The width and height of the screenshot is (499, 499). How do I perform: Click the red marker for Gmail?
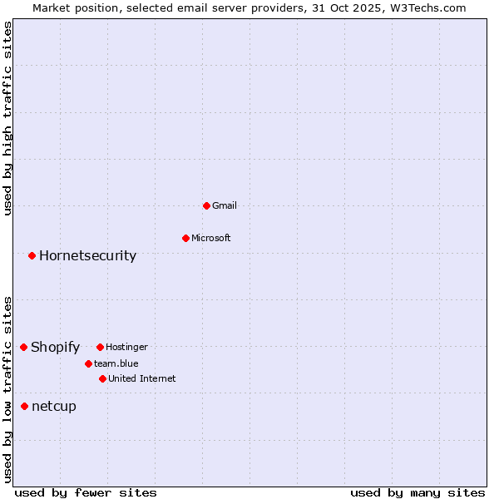[x=206, y=205]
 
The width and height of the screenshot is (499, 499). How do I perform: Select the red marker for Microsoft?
[x=185, y=238]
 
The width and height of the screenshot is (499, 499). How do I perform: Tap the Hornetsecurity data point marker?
[x=32, y=255]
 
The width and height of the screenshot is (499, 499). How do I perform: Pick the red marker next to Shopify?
[x=23, y=347]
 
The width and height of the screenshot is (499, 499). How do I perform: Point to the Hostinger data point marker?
[x=100, y=347]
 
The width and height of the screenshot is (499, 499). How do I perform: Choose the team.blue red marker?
[x=88, y=363]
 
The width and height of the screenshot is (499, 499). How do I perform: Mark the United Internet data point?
[x=102, y=378]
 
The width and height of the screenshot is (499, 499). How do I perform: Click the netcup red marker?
[x=24, y=406]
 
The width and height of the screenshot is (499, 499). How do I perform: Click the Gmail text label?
[x=225, y=205]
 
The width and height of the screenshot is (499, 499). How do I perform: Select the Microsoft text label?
[x=211, y=238]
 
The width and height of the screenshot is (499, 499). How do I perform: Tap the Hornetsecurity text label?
[x=87, y=255]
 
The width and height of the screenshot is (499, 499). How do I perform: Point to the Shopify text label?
[x=55, y=347]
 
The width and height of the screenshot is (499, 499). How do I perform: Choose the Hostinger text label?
[x=126, y=347]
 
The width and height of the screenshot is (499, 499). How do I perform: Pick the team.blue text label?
[x=116, y=363]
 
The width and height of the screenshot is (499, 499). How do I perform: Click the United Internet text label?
[x=142, y=378]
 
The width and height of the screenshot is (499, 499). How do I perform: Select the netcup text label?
[x=54, y=406]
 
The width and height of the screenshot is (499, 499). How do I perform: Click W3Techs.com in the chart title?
[x=427, y=7]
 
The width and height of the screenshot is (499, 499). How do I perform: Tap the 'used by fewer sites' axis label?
[x=86, y=492]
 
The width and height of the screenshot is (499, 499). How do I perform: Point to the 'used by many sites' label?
[x=417, y=492]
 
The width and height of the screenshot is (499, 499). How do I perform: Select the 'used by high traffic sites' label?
[x=7, y=118]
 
